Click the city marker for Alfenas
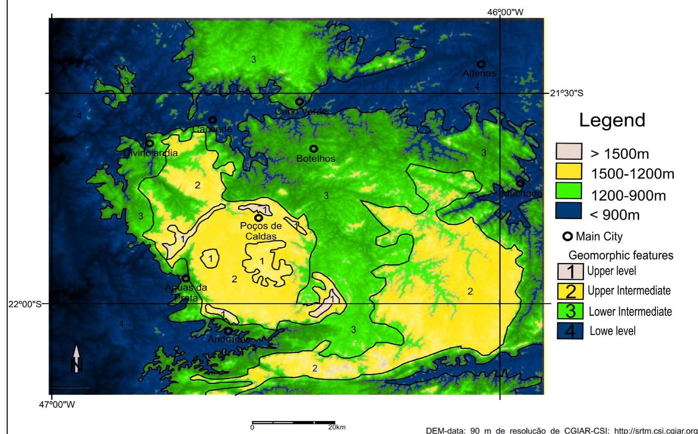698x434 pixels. click(x=481, y=64)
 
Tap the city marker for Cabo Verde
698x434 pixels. click(x=299, y=101)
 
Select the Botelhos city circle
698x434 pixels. click(x=314, y=149)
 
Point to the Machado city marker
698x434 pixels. click(x=520, y=183)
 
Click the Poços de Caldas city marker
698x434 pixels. click(x=258, y=218)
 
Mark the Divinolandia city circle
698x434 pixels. click(x=150, y=143)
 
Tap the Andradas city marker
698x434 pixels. click(x=228, y=330)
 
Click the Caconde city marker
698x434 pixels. click(x=213, y=120)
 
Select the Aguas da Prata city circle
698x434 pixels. click(x=185, y=278)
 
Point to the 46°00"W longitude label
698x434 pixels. click(x=505, y=12)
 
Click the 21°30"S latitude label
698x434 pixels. click(x=567, y=93)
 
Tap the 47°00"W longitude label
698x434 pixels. click(x=57, y=404)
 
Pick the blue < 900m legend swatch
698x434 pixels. click(x=568, y=211)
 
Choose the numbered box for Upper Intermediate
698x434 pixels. click(x=570, y=291)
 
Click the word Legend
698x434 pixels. click(x=612, y=120)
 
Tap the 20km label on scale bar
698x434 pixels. click(x=337, y=427)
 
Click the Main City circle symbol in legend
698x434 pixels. click(x=568, y=237)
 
